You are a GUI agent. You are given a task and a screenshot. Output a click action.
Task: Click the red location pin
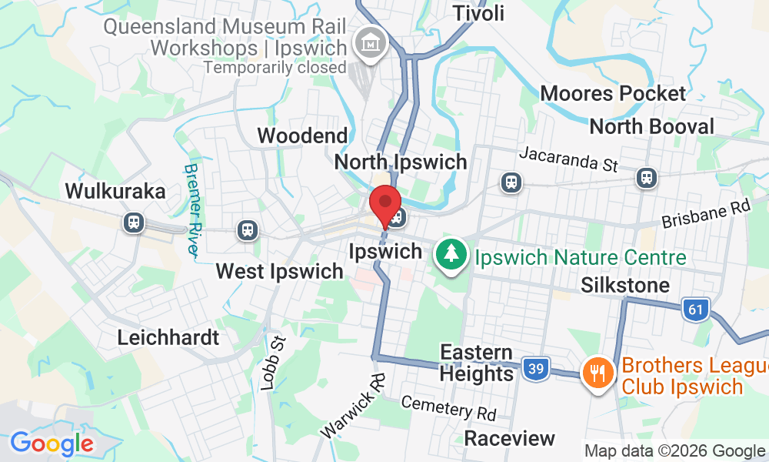point(385,205)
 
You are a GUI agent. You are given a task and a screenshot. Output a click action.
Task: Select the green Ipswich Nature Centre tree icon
point(451,254)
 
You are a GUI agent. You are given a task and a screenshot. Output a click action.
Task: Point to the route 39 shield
point(535,368)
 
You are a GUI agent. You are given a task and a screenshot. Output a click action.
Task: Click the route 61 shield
point(694,310)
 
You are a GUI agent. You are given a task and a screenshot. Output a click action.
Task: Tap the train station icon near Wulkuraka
point(134,223)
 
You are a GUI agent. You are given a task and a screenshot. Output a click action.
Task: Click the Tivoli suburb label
point(479,13)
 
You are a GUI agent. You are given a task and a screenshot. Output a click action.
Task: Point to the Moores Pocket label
point(613,94)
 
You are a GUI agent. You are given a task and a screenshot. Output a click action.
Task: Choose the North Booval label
point(652,126)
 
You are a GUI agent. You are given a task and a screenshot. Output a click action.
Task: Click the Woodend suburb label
point(302,136)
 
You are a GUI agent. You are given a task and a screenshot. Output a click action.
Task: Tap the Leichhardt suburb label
point(168,337)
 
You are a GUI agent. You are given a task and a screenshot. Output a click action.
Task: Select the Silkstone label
point(625,286)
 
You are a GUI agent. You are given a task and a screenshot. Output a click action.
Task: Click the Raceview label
point(510,439)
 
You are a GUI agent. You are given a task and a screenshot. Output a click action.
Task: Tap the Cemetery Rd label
point(448,408)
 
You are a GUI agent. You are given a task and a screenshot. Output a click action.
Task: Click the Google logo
point(52,444)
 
